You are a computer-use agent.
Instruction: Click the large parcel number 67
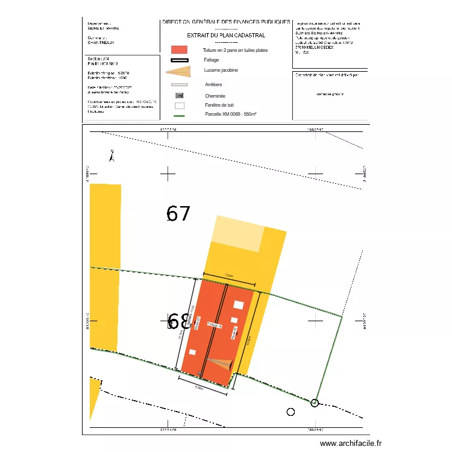[x=178, y=213]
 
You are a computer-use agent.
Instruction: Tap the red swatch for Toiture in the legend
[x=179, y=49]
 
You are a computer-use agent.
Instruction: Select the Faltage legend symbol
[x=179, y=60]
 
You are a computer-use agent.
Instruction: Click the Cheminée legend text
[x=215, y=96]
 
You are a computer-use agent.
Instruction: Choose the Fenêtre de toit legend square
[x=179, y=105]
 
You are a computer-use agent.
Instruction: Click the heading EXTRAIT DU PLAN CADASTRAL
[x=226, y=36]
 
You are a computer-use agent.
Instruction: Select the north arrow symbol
[x=111, y=155]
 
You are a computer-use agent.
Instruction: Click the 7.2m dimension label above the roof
[x=228, y=275]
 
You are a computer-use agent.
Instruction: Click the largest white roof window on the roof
[x=239, y=304]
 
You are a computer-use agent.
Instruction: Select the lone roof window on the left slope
[x=192, y=351]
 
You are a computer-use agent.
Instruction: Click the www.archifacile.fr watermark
[x=351, y=443]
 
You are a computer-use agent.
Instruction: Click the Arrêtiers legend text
[x=214, y=85]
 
